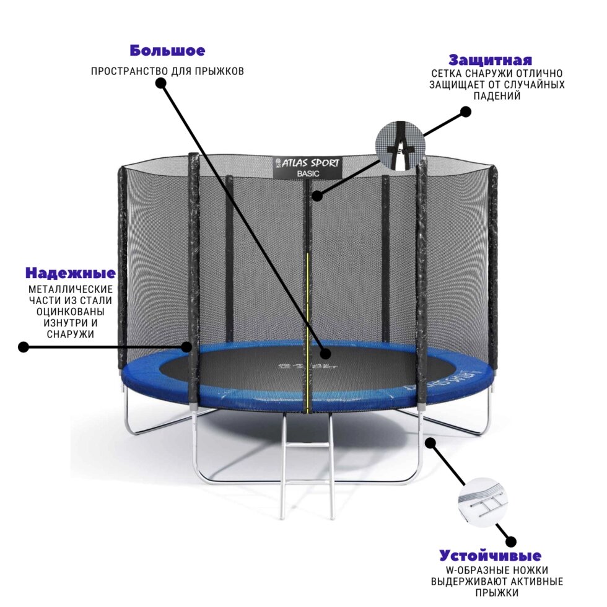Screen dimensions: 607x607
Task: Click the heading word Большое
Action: pos(167,51)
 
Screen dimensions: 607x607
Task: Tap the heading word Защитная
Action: pos(490,61)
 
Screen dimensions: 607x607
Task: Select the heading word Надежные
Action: pos(71,273)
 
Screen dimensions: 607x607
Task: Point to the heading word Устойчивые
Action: pos(490,556)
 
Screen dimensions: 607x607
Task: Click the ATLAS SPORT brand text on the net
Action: pos(308,163)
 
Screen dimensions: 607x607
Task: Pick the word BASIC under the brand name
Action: pos(308,174)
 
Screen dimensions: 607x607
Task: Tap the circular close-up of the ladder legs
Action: pos(483,502)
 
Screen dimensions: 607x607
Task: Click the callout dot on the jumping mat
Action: pos(326,353)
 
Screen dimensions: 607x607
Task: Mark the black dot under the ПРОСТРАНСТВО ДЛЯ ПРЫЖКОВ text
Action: pos(161,83)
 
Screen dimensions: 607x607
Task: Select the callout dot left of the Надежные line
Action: pos(24,347)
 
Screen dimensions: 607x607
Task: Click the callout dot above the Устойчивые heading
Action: pos(511,541)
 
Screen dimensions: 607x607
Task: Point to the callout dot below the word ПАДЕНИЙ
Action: pos(466,112)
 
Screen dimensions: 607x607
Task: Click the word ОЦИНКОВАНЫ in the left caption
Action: pos(71,312)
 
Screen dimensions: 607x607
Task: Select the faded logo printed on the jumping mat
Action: pos(308,365)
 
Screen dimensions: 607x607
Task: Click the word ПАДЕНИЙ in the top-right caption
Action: pos(497,96)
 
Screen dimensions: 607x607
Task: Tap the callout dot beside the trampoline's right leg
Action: pos(430,443)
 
